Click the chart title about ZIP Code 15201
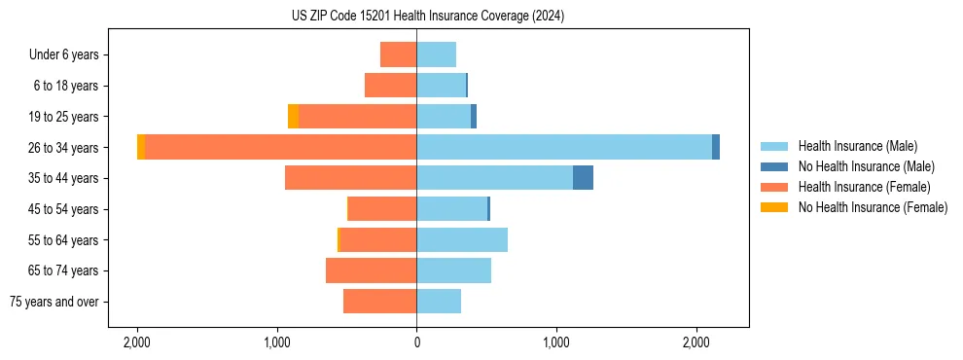(427, 17)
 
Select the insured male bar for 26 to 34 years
(564, 147)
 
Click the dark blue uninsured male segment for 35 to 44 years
(583, 178)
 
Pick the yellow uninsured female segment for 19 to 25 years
(294, 117)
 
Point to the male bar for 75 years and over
(439, 302)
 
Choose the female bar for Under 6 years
(398, 54)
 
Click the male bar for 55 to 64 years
(462, 239)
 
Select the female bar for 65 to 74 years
(371, 270)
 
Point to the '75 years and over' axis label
(54, 302)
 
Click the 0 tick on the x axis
(416, 343)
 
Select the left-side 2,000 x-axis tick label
(137, 343)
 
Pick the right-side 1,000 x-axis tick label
(556, 343)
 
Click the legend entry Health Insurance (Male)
(857, 146)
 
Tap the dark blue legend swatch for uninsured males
(774, 166)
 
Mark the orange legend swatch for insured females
(774, 187)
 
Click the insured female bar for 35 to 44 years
(350, 178)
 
